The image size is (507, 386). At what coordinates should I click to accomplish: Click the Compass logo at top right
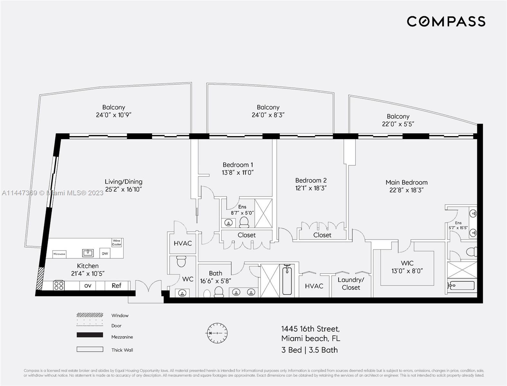(x=446, y=21)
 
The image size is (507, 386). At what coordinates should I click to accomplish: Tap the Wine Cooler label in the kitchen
(x=116, y=243)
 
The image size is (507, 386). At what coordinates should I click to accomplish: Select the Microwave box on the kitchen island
(x=59, y=254)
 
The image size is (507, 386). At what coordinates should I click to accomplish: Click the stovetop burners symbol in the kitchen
(x=59, y=285)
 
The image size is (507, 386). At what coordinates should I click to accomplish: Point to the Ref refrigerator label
(x=116, y=286)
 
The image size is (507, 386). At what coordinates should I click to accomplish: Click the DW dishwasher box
(x=105, y=253)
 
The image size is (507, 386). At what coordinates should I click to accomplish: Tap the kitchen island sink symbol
(x=88, y=253)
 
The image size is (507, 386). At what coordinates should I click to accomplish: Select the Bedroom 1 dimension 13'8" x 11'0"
(x=238, y=173)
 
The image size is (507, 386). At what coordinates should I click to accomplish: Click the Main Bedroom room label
(x=406, y=182)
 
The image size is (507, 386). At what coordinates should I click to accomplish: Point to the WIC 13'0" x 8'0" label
(x=407, y=267)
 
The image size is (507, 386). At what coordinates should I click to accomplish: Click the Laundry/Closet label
(x=351, y=283)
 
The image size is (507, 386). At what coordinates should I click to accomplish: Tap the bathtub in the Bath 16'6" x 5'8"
(x=287, y=280)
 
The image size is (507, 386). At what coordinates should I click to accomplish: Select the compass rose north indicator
(x=217, y=333)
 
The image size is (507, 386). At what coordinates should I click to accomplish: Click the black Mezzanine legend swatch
(x=90, y=335)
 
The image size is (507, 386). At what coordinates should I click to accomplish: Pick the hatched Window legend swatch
(x=90, y=315)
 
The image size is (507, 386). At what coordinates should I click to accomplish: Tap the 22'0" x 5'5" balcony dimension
(x=398, y=124)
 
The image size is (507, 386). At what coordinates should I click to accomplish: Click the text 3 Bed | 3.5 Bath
(x=309, y=350)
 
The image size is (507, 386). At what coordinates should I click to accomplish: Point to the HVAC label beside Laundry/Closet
(x=314, y=286)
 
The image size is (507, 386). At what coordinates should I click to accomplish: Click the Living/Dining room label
(x=124, y=181)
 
